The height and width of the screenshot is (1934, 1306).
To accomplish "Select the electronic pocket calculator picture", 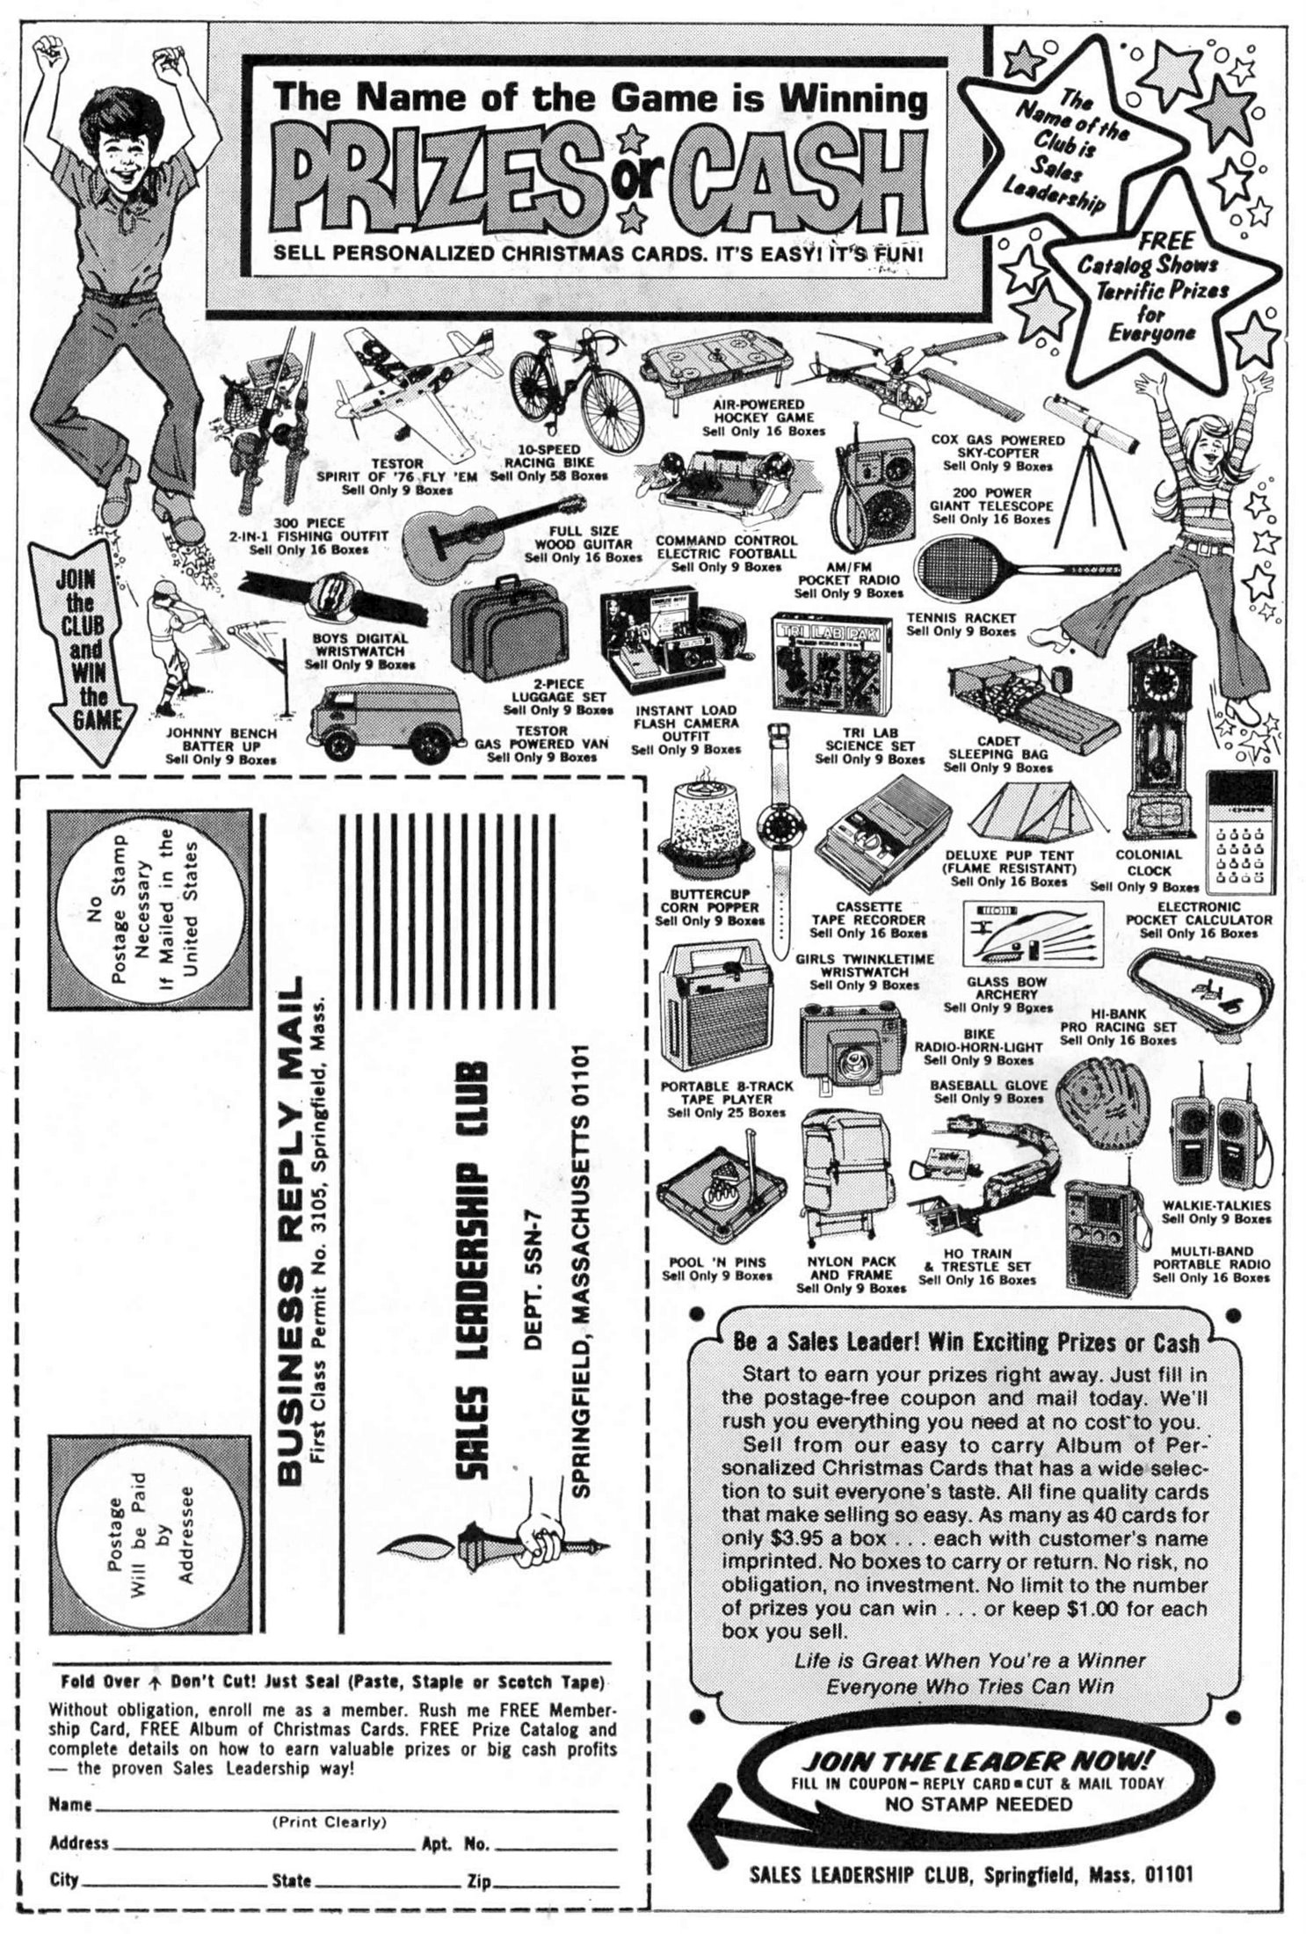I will pyautogui.click(x=1240, y=832).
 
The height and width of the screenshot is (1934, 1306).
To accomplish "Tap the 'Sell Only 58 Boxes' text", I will pyautogui.click(x=548, y=476).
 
